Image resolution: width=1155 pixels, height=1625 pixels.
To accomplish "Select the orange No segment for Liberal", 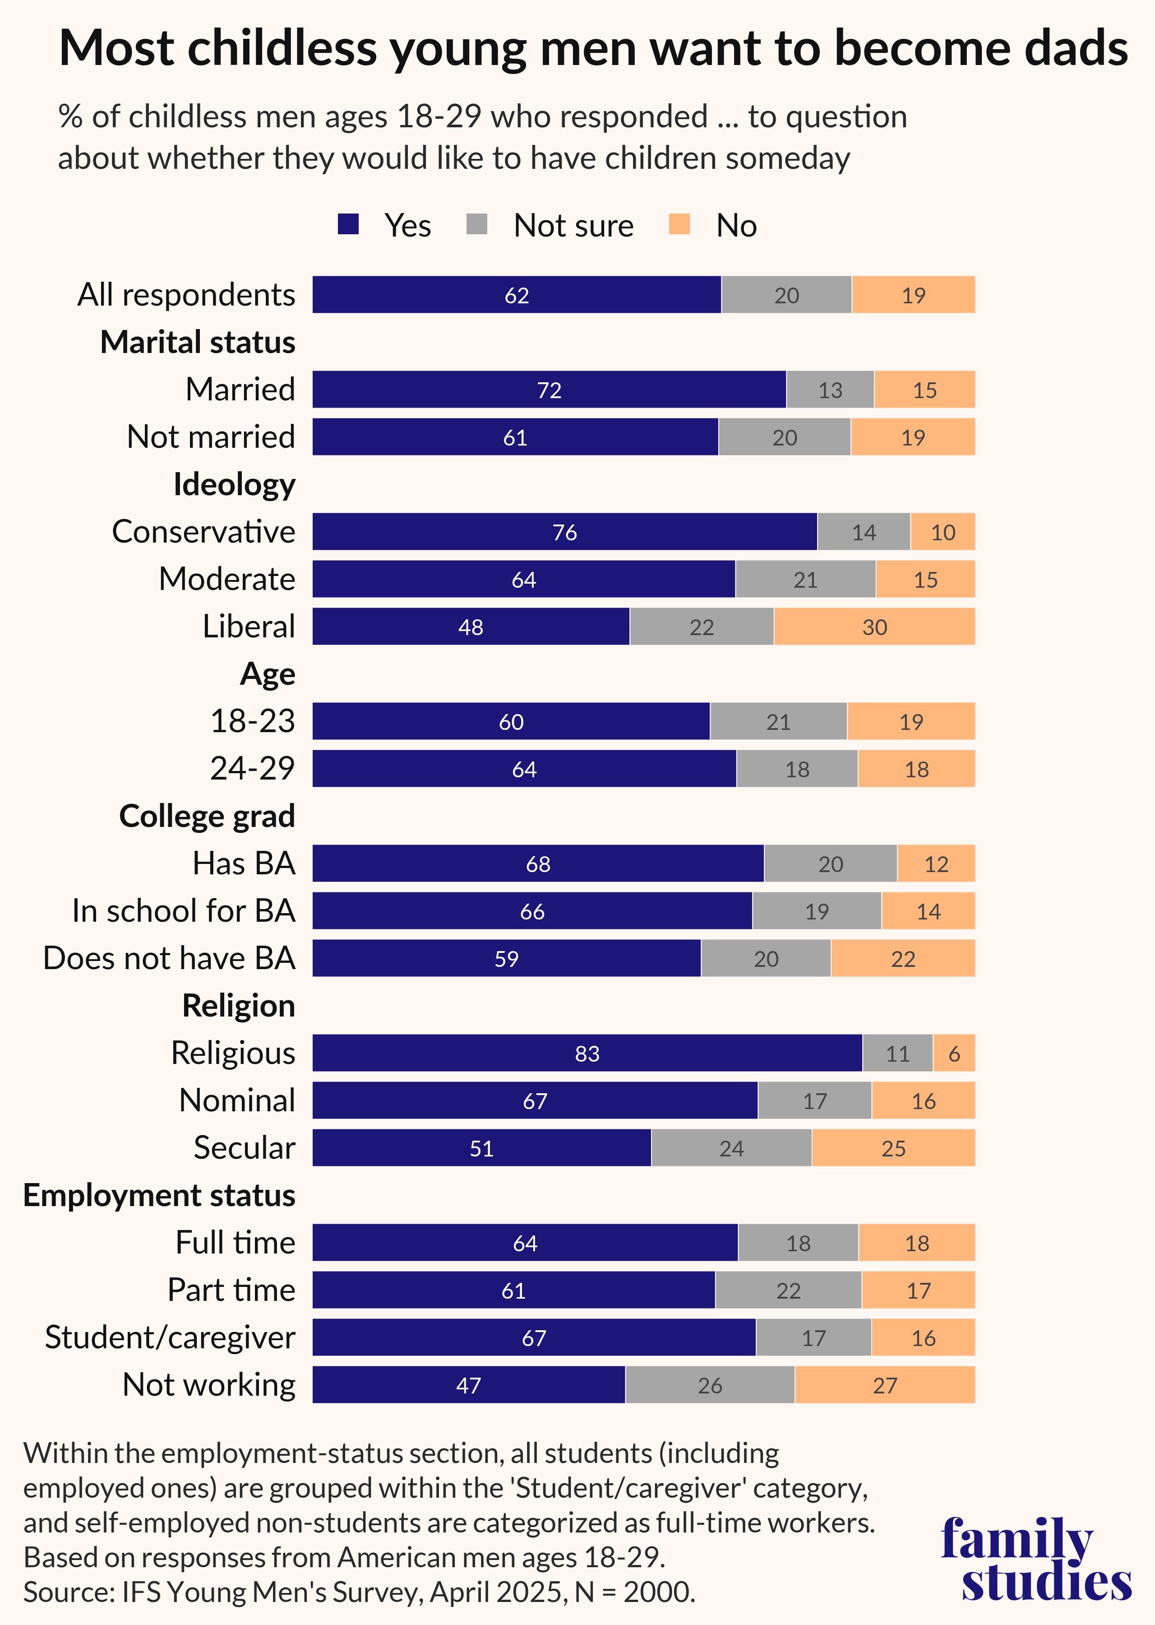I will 874,627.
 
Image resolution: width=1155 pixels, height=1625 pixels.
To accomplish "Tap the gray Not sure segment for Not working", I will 710,1384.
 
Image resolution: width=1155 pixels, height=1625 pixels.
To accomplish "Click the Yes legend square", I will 348,225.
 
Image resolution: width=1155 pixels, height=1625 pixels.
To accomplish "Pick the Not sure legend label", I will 573,226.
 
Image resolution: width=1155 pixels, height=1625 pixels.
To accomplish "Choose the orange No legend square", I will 679,225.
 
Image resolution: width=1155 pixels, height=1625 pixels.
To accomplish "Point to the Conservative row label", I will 203,531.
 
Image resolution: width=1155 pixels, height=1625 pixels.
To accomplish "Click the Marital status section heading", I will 198,342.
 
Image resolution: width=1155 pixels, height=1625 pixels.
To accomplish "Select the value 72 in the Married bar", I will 549,390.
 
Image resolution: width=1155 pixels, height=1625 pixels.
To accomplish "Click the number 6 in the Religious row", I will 954,1054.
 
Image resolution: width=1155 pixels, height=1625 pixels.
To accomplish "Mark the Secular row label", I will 244,1147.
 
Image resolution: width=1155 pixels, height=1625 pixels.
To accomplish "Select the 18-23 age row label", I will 253,721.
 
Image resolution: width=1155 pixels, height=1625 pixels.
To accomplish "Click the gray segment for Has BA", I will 830,864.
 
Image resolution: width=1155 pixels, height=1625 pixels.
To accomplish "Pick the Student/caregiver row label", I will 170,1337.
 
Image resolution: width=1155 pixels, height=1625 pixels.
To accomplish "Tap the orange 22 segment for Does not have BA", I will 902,958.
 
